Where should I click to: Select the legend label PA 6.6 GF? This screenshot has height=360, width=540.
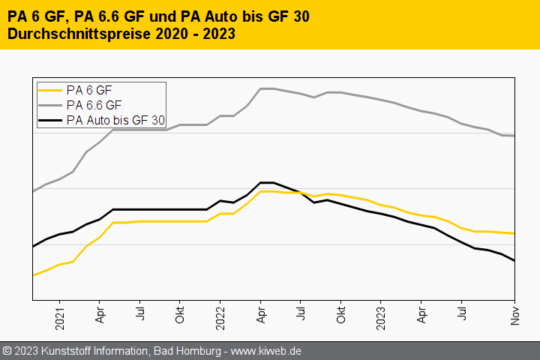94,104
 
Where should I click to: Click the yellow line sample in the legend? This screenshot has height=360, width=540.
51,90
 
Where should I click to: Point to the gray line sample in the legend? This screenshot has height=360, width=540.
51,104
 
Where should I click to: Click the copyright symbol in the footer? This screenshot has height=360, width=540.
7,351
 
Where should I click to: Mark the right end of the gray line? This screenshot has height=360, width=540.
514,136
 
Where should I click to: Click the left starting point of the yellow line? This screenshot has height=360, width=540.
32,275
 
